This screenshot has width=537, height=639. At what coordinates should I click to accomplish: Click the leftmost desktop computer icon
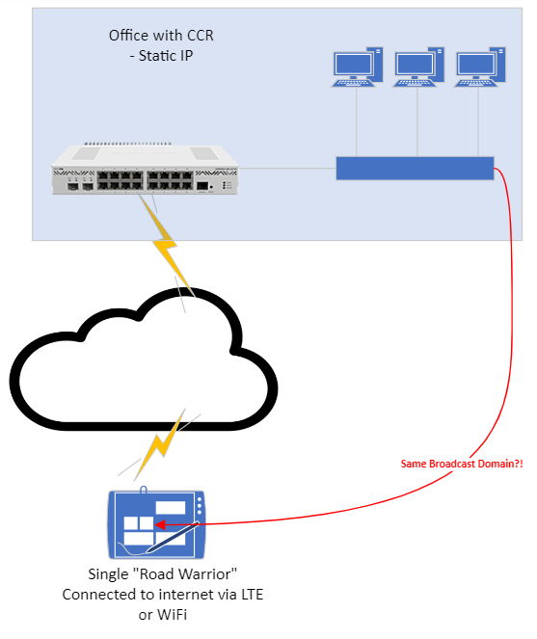point(357,67)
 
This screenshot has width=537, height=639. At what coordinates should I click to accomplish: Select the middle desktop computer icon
point(418,67)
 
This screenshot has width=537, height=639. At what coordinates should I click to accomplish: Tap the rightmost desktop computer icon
point(480,67)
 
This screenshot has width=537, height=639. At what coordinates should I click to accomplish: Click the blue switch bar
point(415,168)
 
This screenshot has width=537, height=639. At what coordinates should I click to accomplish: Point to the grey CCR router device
point(145,169)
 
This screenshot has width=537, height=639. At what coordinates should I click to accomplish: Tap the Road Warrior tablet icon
point(156,523)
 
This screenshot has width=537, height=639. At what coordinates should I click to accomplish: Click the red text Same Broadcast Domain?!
point(462,464)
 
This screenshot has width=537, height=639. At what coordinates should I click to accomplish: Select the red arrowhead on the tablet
point(159,525)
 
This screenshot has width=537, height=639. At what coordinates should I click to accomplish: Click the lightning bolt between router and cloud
point(167,246)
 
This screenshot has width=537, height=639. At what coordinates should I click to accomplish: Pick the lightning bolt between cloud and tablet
point(160,444)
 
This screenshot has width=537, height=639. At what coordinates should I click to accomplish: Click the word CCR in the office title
point(201,36)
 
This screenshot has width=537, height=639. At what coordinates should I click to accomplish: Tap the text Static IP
point(166,56)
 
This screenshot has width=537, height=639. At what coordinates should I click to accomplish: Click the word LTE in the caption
point(252,595)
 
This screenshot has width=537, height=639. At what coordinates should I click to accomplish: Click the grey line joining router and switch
point(287,168)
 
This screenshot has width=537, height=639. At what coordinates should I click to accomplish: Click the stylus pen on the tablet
point(173,537)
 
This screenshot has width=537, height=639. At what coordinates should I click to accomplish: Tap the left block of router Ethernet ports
point(121,179)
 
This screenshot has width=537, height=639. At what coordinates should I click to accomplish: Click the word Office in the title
point(125,36)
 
